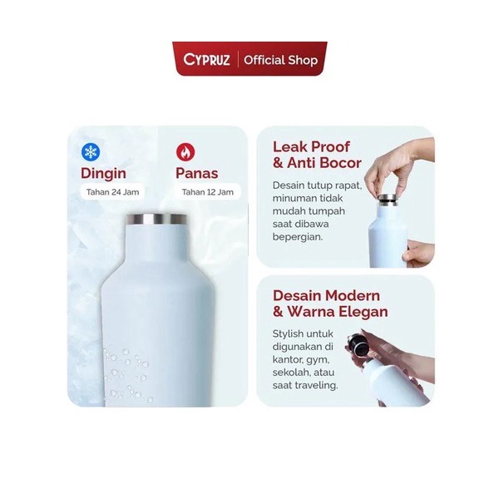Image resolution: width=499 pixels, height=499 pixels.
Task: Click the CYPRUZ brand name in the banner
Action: point(206,60)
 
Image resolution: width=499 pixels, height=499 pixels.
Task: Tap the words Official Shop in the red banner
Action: point(281,60)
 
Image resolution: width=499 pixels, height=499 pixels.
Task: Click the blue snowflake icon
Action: point(91,152)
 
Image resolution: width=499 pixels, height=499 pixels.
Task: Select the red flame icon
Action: point(185,152)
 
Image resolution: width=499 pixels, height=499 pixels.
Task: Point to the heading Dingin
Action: point(103,174)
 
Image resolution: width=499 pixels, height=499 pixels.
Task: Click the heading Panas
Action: point(197,174)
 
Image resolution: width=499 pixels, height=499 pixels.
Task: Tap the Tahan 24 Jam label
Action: point(112,192)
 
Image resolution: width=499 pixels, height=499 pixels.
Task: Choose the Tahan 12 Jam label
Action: point(207,192)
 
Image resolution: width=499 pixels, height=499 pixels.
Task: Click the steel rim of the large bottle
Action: point(157,220)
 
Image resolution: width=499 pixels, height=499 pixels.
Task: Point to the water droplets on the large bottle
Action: point(127,376)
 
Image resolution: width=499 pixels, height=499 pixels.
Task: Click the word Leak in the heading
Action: point(290,146)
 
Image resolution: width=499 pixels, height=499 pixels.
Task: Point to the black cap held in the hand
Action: point(357,344)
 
